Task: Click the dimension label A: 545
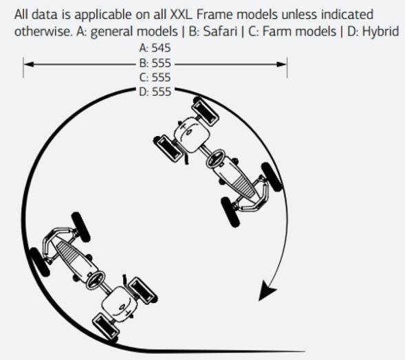coord(155,47)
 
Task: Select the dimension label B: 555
coord(155,63)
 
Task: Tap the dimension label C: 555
coord(155,78)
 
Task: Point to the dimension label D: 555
coord(155,91)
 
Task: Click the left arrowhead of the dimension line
coord(29,64)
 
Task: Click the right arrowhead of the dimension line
coord(281,64)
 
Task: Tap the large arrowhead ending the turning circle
coord(267,291)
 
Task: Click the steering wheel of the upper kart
coord(215,159)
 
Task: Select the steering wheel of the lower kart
coord(95,280)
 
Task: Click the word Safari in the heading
coord(220,32)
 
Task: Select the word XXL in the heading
coord(181,14)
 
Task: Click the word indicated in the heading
coord(347,14)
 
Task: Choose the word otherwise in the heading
coord(43,32)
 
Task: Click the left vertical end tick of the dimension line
coord(23,67)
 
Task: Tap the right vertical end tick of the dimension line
coord(287,67)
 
